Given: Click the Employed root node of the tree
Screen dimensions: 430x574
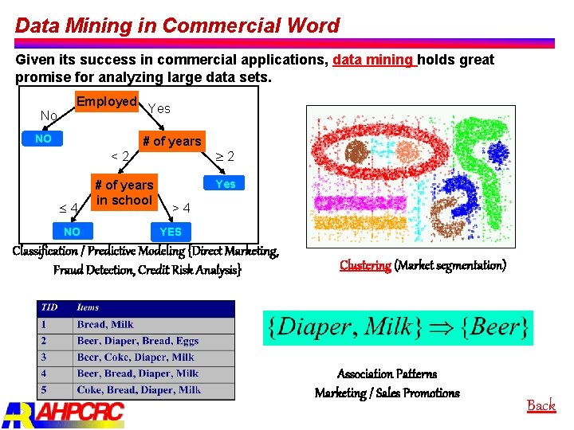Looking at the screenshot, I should [107, 102].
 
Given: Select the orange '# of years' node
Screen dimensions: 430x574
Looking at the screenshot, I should [171, 141].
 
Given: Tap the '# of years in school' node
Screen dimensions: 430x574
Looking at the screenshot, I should [124, 193].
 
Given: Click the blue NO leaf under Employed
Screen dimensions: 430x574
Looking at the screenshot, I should [43, 139].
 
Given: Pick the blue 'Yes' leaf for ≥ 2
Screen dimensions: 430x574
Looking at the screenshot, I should [226, 184].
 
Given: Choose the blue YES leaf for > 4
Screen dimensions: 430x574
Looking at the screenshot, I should [171, 232].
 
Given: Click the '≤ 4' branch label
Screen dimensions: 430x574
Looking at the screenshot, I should [69, 208].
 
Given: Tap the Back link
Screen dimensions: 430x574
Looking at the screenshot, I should [541, 405].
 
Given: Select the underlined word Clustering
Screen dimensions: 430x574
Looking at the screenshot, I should [365, 265].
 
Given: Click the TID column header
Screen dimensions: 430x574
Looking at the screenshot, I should [50, 308].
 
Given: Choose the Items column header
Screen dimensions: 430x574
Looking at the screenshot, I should [88, 308].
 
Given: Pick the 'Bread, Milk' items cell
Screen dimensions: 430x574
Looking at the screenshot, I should [105, 325].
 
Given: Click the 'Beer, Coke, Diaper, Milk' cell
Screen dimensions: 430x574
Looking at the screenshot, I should [136, 358].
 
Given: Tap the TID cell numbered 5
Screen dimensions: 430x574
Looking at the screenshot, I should [45, 390].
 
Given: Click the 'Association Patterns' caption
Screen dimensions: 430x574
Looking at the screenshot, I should [387, 373].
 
